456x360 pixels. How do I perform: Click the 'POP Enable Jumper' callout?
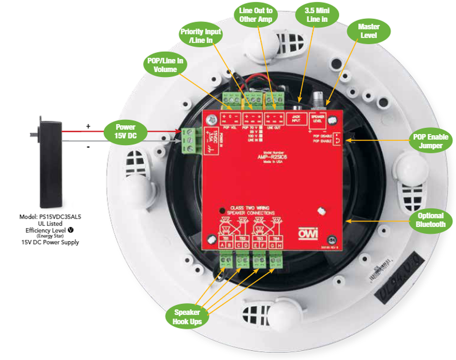click(430, 141)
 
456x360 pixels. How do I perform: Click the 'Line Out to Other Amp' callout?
click(255, 15)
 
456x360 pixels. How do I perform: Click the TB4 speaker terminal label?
click(277, 238)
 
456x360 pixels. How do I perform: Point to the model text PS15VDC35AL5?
click(50, 217)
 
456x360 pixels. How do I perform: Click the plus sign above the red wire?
click(88, 126)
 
